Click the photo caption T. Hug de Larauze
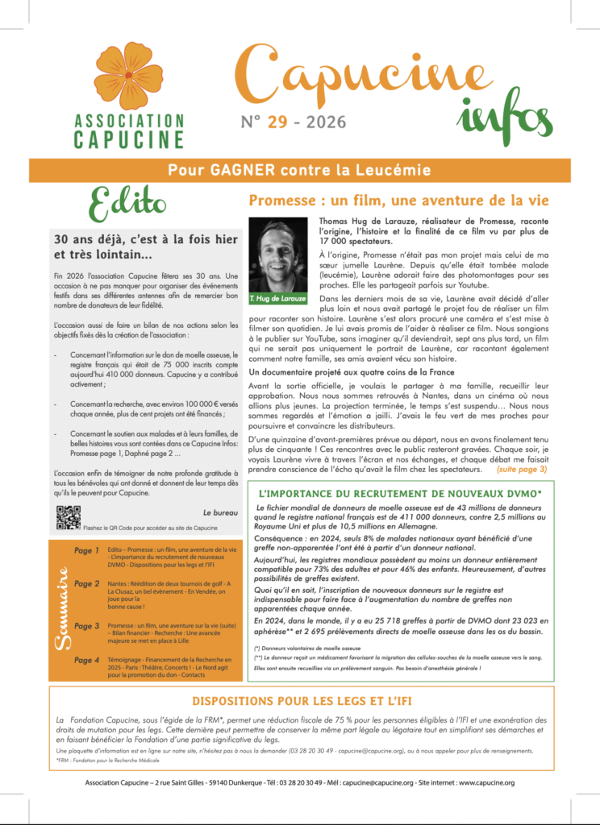pos(278,298)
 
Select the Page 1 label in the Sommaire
pos(86,550)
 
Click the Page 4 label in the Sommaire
pos(86,661)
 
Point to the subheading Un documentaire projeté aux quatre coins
pos(340,372)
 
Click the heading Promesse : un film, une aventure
pos(398,199)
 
